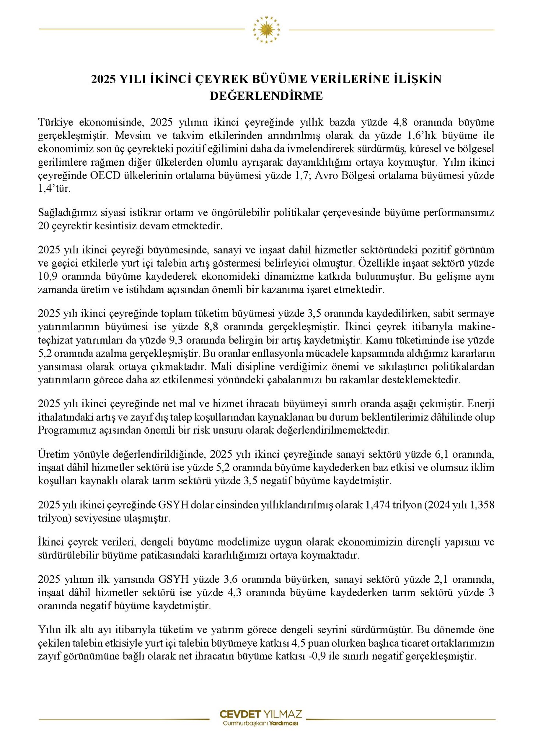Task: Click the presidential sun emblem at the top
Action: point(266,29)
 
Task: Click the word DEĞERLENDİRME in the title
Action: point(266,96)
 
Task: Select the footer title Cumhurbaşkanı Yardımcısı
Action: point(261,723)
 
